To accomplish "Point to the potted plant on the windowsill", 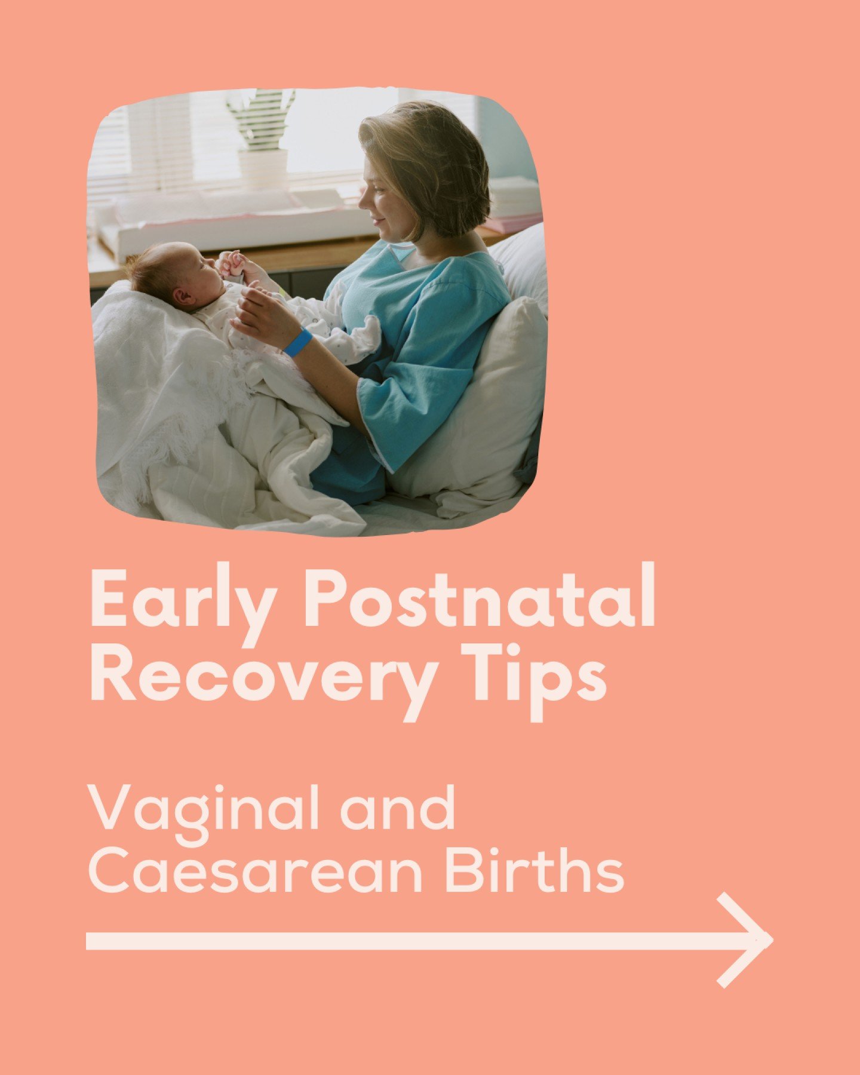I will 262,137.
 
